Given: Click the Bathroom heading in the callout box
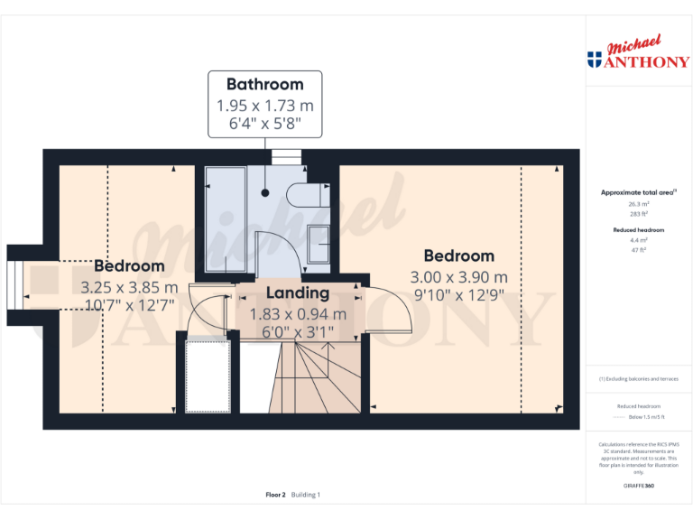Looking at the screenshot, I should pyautogui.click(x=264, y=85).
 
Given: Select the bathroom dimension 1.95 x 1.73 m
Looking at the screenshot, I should pyautogui.click(x=264, y=105).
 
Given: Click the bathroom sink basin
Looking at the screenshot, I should pyautogui.click(x=318, y=242).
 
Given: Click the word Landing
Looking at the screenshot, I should pyautogui.click(x=297, y=293).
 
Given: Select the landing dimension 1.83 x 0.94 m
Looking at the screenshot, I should pyautogui.click(x=297, y=314).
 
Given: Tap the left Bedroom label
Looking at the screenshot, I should pyautogui.click(x=129, y=266).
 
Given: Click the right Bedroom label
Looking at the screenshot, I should pyautogui.click(x=458, y=255).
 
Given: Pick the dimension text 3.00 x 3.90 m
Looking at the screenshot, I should pyautogui.click(x=458, y=277).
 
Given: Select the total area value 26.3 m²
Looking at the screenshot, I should pyautogui.click(x=638, y=204).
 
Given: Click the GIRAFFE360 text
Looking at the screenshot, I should pyautogui.click(x=638, y=487).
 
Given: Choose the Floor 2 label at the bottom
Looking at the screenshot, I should pyautogui.click(x=275, y=495).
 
